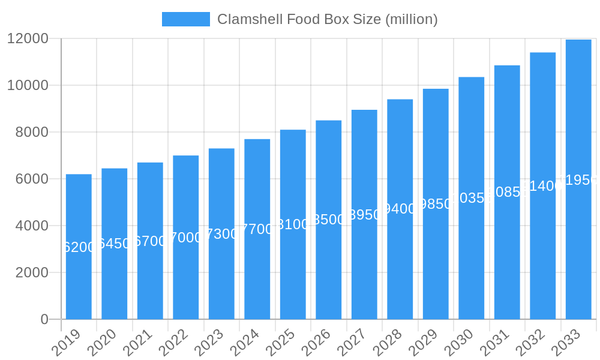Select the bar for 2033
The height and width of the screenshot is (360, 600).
[578, 252]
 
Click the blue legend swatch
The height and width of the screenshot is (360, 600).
[186, 19]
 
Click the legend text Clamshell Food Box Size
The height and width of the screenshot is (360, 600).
[328, 19]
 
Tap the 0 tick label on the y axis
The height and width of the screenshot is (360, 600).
[44, 319]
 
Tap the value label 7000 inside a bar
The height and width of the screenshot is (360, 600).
[186, 238]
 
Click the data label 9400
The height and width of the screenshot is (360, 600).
[400, 209]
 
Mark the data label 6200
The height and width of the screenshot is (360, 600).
[79, 247]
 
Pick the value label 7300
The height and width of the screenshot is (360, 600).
[221, 234]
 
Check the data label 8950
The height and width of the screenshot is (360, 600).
[364, 215]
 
